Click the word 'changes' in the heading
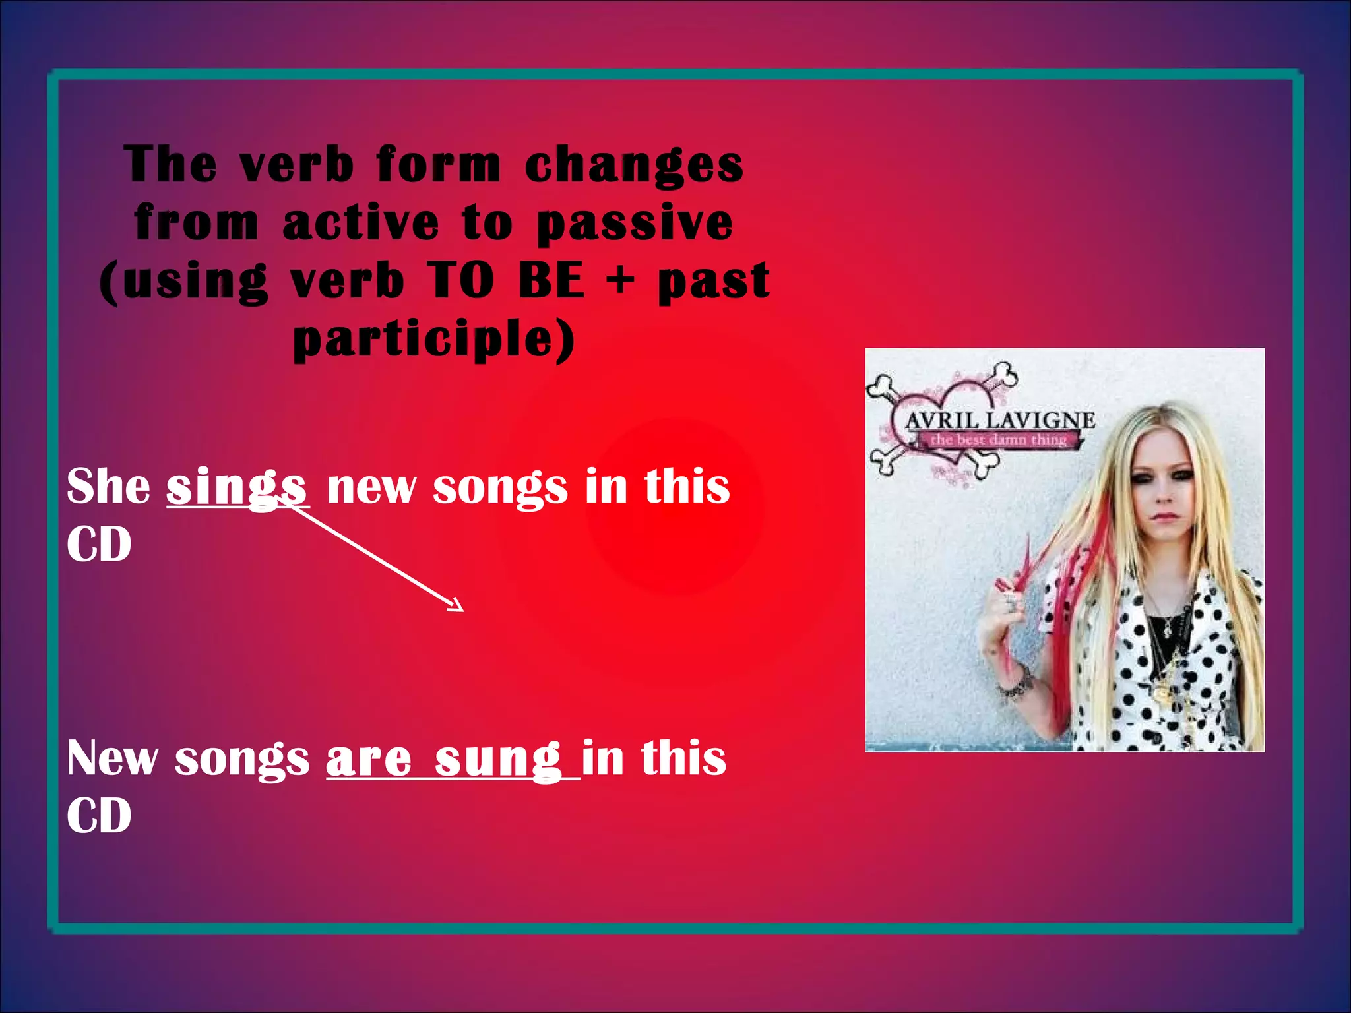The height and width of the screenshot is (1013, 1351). (x=634, y=166)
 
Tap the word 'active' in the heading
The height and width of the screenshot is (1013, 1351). (x=361, y=223)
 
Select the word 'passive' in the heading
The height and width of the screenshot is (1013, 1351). (x=634, y=224)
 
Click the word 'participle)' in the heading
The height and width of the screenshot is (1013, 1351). (x=434, y=339)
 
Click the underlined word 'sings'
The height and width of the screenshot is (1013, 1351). (x=236, y=487)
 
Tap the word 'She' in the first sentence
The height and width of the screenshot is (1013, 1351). (x=109, y=487)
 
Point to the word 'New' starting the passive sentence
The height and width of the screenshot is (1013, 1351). (x=112, y=758)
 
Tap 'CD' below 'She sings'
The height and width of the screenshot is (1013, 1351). (x=99, y=545)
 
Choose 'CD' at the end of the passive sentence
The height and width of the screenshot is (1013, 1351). (x=99, y=816)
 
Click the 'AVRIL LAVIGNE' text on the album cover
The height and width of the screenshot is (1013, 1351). (x=999, y=420)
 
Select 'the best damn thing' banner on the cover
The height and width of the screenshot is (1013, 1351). (x=998, y=440)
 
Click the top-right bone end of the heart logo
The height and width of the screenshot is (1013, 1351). (x=1005, y=374)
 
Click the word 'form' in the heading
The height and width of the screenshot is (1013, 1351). (x=439, y=166)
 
